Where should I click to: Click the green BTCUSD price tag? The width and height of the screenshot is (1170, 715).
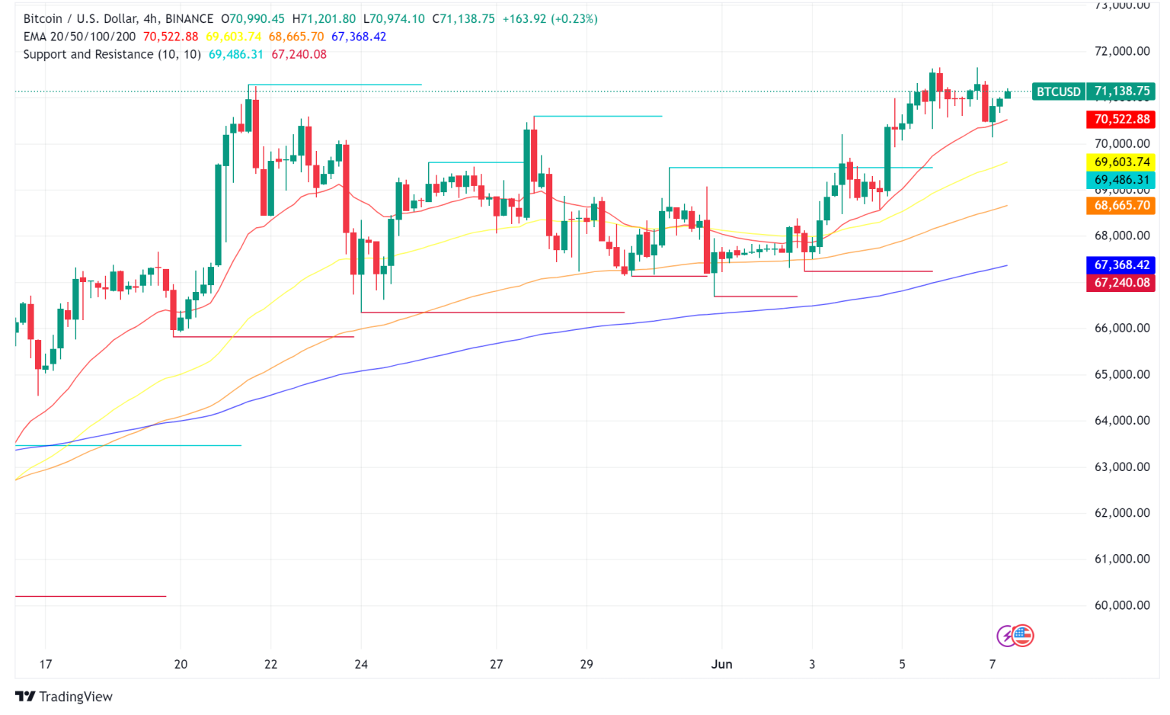click(1059, 91)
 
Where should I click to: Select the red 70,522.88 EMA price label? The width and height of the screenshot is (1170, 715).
click(1121, 119)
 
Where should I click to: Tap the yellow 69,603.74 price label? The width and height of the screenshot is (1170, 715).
click(1121, 162)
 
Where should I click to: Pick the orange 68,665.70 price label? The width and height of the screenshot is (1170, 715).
click(1121, 206)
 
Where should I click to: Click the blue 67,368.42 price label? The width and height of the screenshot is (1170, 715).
click(1121, 265)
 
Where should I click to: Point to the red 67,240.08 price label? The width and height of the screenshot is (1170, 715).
click(1121, 283)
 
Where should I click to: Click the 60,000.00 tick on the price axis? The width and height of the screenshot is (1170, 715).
click(1121, 605)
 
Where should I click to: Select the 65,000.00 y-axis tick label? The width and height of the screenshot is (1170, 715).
click(1121, 374)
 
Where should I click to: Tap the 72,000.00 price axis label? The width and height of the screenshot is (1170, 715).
click(1121, 51)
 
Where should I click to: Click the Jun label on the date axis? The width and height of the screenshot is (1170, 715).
click(721, 664)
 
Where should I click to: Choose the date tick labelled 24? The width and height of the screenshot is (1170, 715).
click(361, 664)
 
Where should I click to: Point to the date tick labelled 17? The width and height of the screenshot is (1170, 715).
click(46, 664)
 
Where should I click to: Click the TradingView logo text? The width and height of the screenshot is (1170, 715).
click(75, 697)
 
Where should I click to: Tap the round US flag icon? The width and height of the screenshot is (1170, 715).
click(1023, 635)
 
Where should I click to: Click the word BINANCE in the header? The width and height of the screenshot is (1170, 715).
click(190, 18)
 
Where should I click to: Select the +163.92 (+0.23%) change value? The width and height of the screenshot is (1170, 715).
click(550, 18)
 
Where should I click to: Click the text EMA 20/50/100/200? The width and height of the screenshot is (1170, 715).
click(80, 37)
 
